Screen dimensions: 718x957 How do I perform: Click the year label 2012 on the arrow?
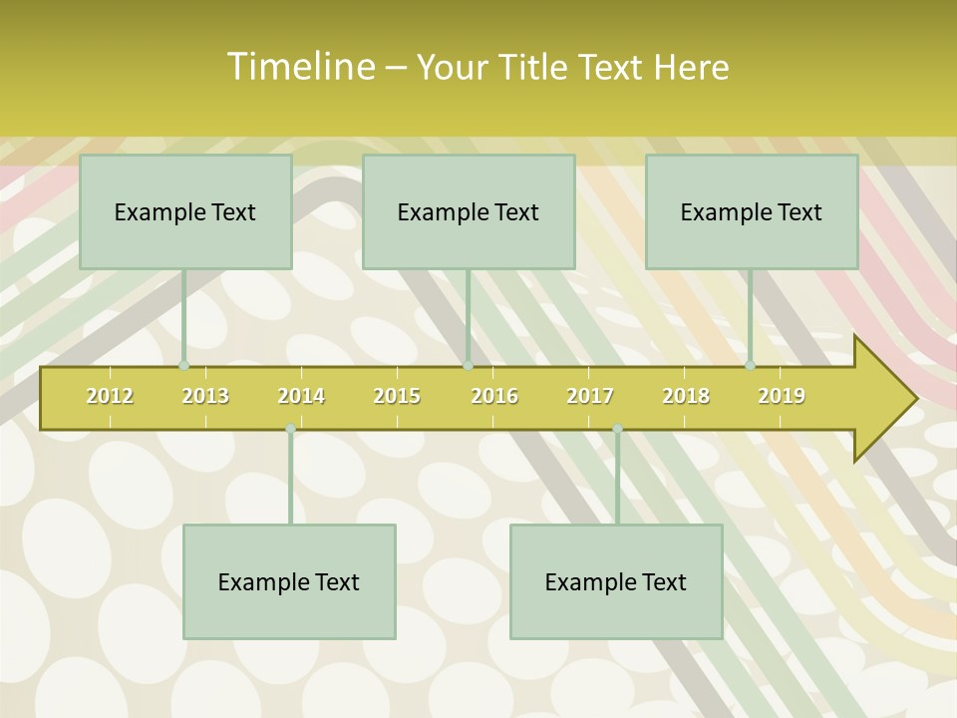[110, 396]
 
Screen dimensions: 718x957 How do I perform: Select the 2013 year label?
[205, 396]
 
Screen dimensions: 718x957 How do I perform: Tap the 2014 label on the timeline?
[301, 396]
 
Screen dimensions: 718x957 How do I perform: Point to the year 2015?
[397, 396]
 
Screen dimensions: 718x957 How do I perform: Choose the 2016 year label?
[494, 396]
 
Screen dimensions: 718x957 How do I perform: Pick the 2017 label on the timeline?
[590, 396]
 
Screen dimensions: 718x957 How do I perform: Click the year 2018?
[686, 396]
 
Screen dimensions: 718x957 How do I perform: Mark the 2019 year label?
[782, 396]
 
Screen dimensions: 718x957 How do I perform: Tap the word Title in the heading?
[532, 67]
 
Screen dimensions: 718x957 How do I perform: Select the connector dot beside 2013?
[183, 366]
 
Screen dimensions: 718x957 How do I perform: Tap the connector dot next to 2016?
[468, 366]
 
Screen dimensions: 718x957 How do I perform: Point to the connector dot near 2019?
[751, 366]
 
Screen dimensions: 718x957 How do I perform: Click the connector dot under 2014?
[290, 429]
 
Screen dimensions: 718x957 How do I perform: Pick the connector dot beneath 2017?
[617, 429]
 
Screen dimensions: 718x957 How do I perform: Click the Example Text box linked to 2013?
[185, 211]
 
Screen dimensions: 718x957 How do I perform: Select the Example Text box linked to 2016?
[469, 211]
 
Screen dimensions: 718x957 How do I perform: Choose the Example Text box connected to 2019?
[752, 211]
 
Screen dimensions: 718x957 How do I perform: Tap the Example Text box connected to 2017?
[616, 581]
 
